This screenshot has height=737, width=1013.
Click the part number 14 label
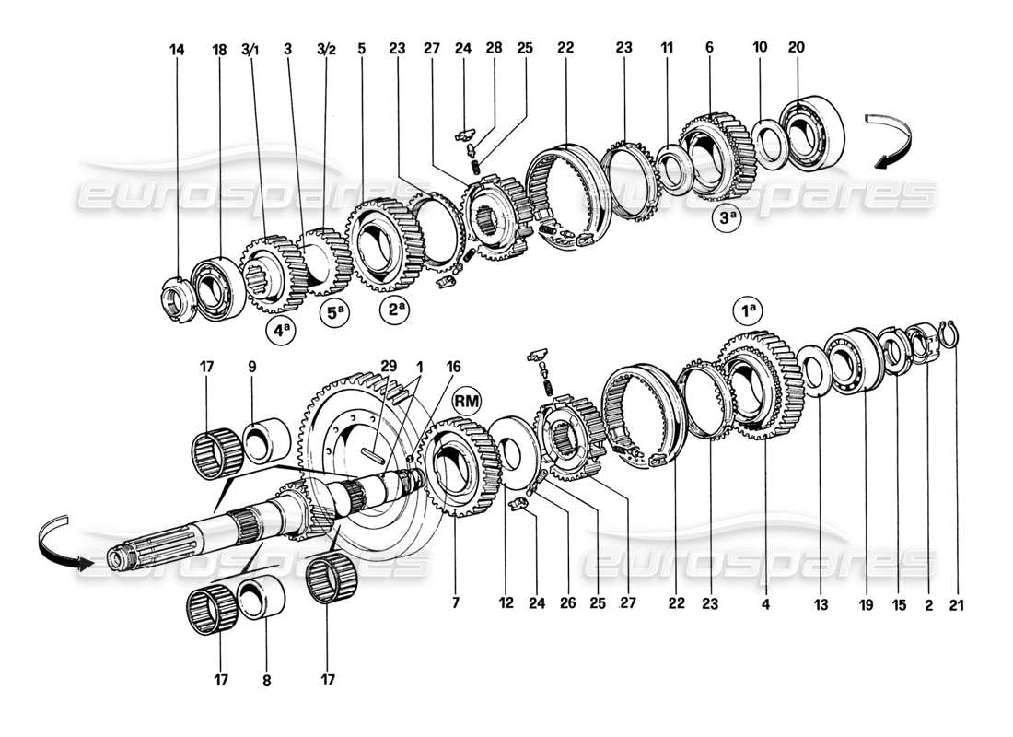pyautogui.click(x=178, y=50)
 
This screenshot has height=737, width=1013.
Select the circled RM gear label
pyautogui.click(x=469, y=400)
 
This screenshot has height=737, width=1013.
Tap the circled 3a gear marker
pyautogui.click(x=728, y=219)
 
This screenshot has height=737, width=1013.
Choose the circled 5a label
pyautogui.click(x=336, y=313)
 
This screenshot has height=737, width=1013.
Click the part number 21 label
pyautogui.click(x=954, y=605)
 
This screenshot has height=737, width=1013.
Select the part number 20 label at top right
pyautogui.click(x=796, y=50)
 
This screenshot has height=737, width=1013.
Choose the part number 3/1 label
pyautogui.click(x=251, y=50)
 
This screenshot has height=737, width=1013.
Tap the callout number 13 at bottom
pyautogui.click(x=821, y=605)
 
